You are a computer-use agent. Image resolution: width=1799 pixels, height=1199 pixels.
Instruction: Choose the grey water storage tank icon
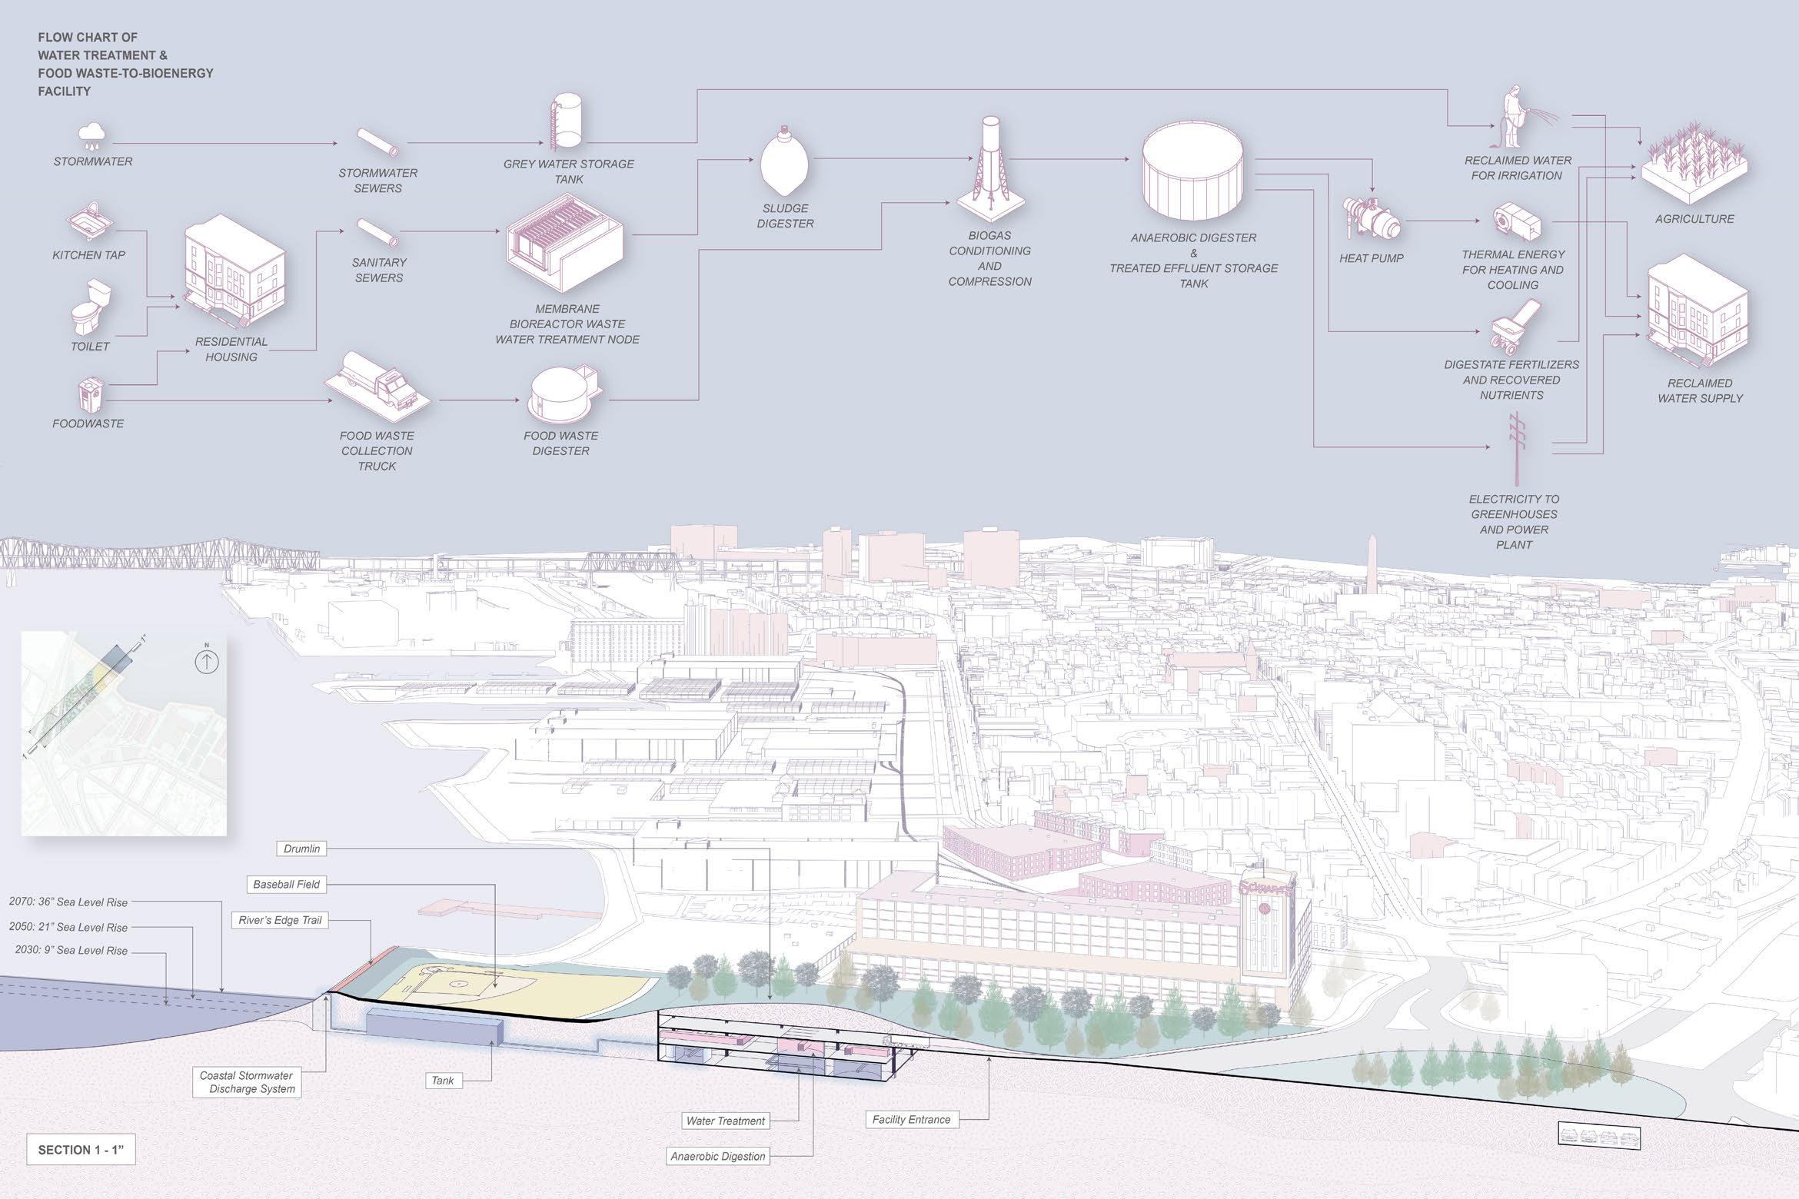click(x=566, y=121)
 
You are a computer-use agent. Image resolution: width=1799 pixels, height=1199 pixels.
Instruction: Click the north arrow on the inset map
click(x=207, y=661)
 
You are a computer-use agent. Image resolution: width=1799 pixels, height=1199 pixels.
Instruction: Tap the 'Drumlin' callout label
click(x=301, y=849)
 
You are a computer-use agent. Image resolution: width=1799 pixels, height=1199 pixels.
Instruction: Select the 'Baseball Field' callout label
click(x=286, y=885)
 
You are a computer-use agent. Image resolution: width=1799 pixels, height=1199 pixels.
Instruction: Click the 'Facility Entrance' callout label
click(x=911, y=1120)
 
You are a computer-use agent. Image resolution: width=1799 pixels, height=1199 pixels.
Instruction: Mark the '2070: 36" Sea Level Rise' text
click(x=68, y=902)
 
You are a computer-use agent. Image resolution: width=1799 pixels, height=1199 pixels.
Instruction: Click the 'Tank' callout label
click(x=443, y=1081)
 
